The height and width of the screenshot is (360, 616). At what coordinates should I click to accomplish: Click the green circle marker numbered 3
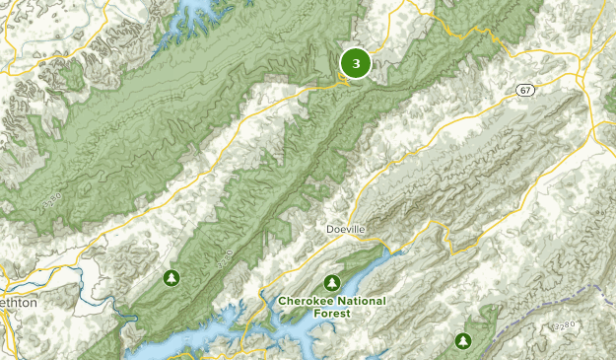click(x=355, y=63)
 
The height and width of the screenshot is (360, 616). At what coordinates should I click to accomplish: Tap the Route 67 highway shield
click(x=525, y=90)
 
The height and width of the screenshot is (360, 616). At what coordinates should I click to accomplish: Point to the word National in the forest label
click(x=362, y=300)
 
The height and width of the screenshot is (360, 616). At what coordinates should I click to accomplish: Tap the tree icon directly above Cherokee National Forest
click(x=334, y=281)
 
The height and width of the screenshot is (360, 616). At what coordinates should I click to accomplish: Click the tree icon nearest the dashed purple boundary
click(x=462, y=341)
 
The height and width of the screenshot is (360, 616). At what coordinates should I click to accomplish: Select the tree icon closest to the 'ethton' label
click(x=172, y=278)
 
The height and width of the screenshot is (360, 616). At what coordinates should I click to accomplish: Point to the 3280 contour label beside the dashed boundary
click(x=565, y=324)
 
